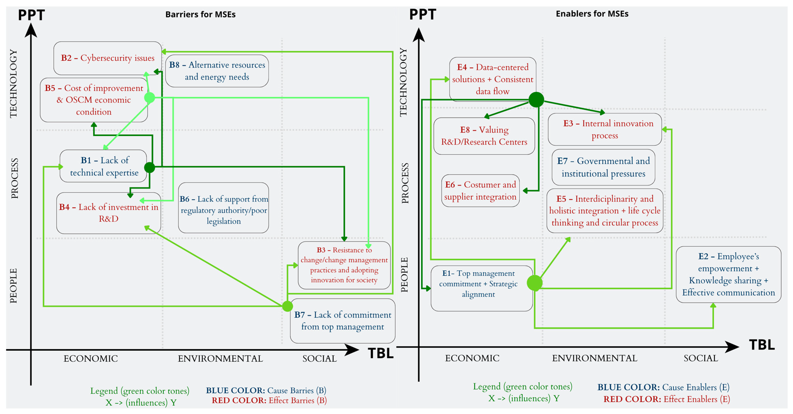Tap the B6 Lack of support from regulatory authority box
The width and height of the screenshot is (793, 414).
point(224,207)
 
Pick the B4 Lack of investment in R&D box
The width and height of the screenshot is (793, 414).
point(108,213)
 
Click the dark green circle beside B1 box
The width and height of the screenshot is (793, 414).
point(150,167)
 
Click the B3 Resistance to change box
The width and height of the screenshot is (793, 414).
point(344,265)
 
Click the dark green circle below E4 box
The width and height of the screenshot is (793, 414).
point(536,99)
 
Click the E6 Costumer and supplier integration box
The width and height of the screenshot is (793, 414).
point(480,191)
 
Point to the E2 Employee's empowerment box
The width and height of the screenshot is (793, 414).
point(728,274)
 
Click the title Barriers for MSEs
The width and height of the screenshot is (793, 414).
point(200,15)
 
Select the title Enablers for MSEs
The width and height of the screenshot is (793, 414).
point(592,14)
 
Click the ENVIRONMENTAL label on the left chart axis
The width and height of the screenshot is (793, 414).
point(220,358)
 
